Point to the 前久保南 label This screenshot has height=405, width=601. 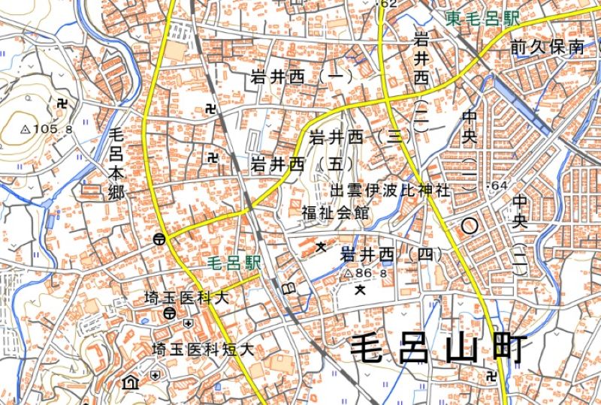pos(547,47)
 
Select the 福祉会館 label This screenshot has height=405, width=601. pos(336,212)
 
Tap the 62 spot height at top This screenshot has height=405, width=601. pos(388,4)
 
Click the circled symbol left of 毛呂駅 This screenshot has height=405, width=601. pos(159,239)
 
